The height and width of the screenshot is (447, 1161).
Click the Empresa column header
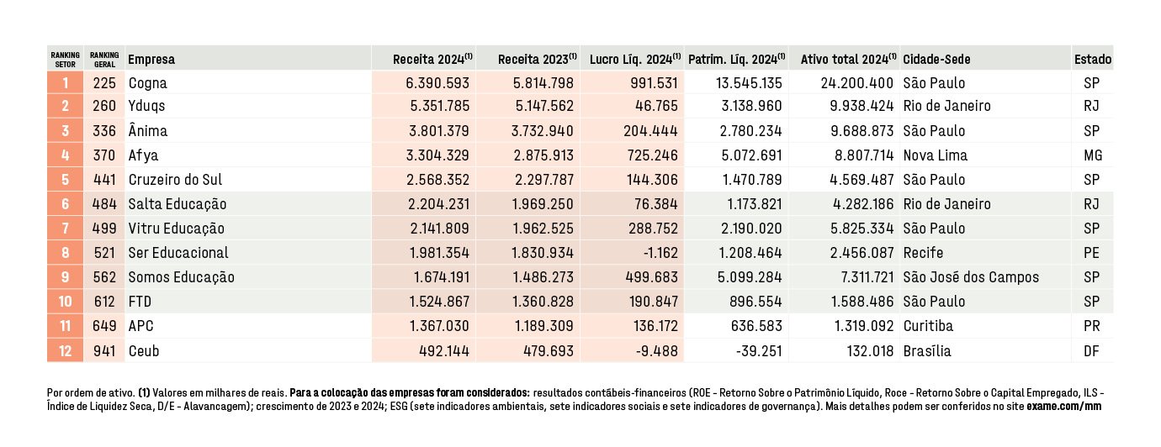tap(151, 60)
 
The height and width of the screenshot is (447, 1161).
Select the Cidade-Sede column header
tap(936, 60)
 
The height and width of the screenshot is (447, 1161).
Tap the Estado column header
tap(1093, 60)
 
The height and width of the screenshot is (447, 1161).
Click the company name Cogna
tap(148, 83)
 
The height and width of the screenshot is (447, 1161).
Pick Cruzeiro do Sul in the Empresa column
tap(175, 180)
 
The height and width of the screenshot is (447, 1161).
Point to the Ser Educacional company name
tap(178, 252)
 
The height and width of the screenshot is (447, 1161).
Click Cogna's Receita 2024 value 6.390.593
tap(437, 83)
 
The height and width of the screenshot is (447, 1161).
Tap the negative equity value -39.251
tap(759, 351)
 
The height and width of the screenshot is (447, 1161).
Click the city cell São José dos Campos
tap(971, 277)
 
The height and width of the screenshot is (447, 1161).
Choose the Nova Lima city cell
tap(935, 155)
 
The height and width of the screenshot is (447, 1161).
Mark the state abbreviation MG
tap(1093, 155)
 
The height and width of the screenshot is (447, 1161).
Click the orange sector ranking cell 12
tap(66, 351)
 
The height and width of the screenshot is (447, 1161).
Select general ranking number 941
tap(104, 351)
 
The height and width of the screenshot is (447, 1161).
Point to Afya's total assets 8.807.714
tap(862, 155)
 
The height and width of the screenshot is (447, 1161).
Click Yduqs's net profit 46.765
tap(656, 106)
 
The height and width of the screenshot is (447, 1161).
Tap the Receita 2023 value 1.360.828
tap(543, 302)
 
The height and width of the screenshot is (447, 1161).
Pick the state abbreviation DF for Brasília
tap(1091, 351)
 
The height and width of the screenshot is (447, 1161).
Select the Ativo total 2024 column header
tap(849, 60)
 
